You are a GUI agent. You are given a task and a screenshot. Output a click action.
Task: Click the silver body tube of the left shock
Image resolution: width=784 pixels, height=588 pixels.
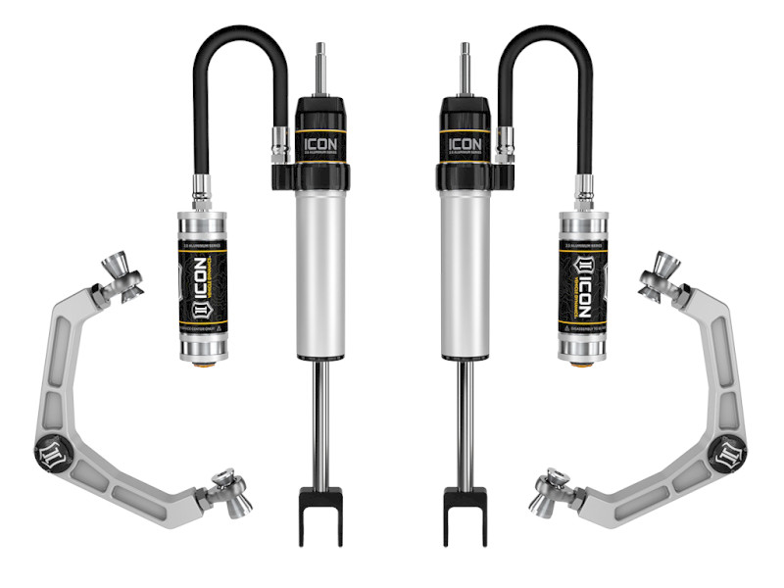click(320, 274)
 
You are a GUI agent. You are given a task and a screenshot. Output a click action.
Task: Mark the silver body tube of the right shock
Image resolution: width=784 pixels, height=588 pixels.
click(463, 274)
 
